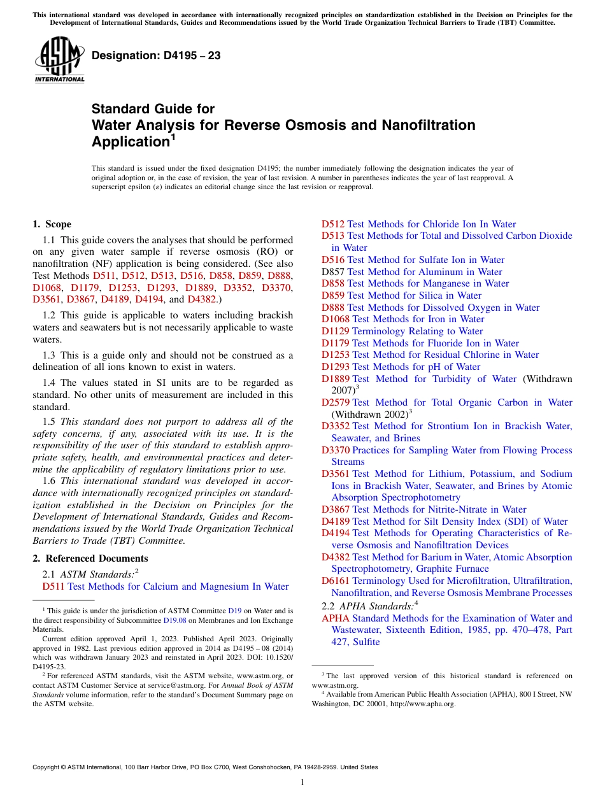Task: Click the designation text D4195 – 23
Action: click(x=156, y=55)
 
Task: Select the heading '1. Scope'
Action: click(x=52, y=224)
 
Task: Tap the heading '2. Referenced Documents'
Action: click(x=82, y=558)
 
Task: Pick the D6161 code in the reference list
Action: click(x=335, y=581)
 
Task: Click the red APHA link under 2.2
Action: click(x=335, y=618)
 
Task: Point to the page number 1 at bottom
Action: click(x=302, y=783)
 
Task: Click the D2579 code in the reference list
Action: click(x=335, y=402)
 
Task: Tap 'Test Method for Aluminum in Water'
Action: click(x=424, y=272)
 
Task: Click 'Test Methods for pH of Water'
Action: click(x=416, y=367)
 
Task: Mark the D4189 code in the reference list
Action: click(x=335, y=522)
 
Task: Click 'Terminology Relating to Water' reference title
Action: click(x=417, y=331)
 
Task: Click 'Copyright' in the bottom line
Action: click(x=47, y=767)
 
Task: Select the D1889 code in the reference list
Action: click(x=335, y=379)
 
